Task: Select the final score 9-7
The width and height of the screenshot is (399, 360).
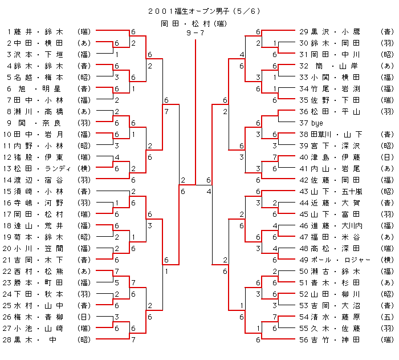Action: [195, 33]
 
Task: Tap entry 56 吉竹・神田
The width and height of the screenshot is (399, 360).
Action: [334, 339]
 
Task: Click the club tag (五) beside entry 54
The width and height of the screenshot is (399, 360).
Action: [387, 317]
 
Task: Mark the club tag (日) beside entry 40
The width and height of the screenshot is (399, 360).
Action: [387, 157]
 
